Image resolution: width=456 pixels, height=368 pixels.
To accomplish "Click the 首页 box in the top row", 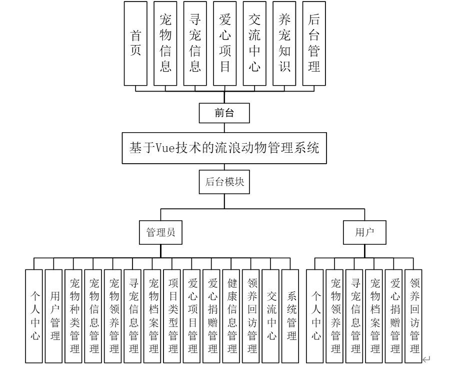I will point(135,44).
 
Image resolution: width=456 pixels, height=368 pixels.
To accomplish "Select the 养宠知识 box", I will point(284,44).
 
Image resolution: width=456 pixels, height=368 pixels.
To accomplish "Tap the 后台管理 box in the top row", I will point(314,44).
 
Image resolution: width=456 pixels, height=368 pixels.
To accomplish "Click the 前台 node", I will point(224,113).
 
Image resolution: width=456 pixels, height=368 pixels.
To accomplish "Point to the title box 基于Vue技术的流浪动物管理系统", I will point(224,148).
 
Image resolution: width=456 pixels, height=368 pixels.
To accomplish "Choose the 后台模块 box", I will point(224,182).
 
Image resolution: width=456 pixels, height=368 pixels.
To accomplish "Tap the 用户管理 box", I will point(53,315).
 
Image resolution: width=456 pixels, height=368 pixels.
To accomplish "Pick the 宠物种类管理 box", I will point(73,315).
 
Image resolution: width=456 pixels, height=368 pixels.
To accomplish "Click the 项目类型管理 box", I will point(172,315).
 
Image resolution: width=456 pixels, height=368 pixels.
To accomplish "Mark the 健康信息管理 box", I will point(232,315).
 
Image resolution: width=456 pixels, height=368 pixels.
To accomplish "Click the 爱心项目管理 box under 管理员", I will point(192,315).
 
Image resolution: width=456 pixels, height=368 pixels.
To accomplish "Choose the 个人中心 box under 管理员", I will point(34,315).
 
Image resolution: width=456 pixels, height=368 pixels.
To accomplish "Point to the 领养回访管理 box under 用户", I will point(414,315).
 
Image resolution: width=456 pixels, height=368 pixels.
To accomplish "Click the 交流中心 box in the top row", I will point(254,44).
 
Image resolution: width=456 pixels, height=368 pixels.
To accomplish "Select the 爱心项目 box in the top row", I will point(224,44).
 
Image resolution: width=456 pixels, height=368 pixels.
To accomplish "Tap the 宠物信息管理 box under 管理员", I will point(93,315).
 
